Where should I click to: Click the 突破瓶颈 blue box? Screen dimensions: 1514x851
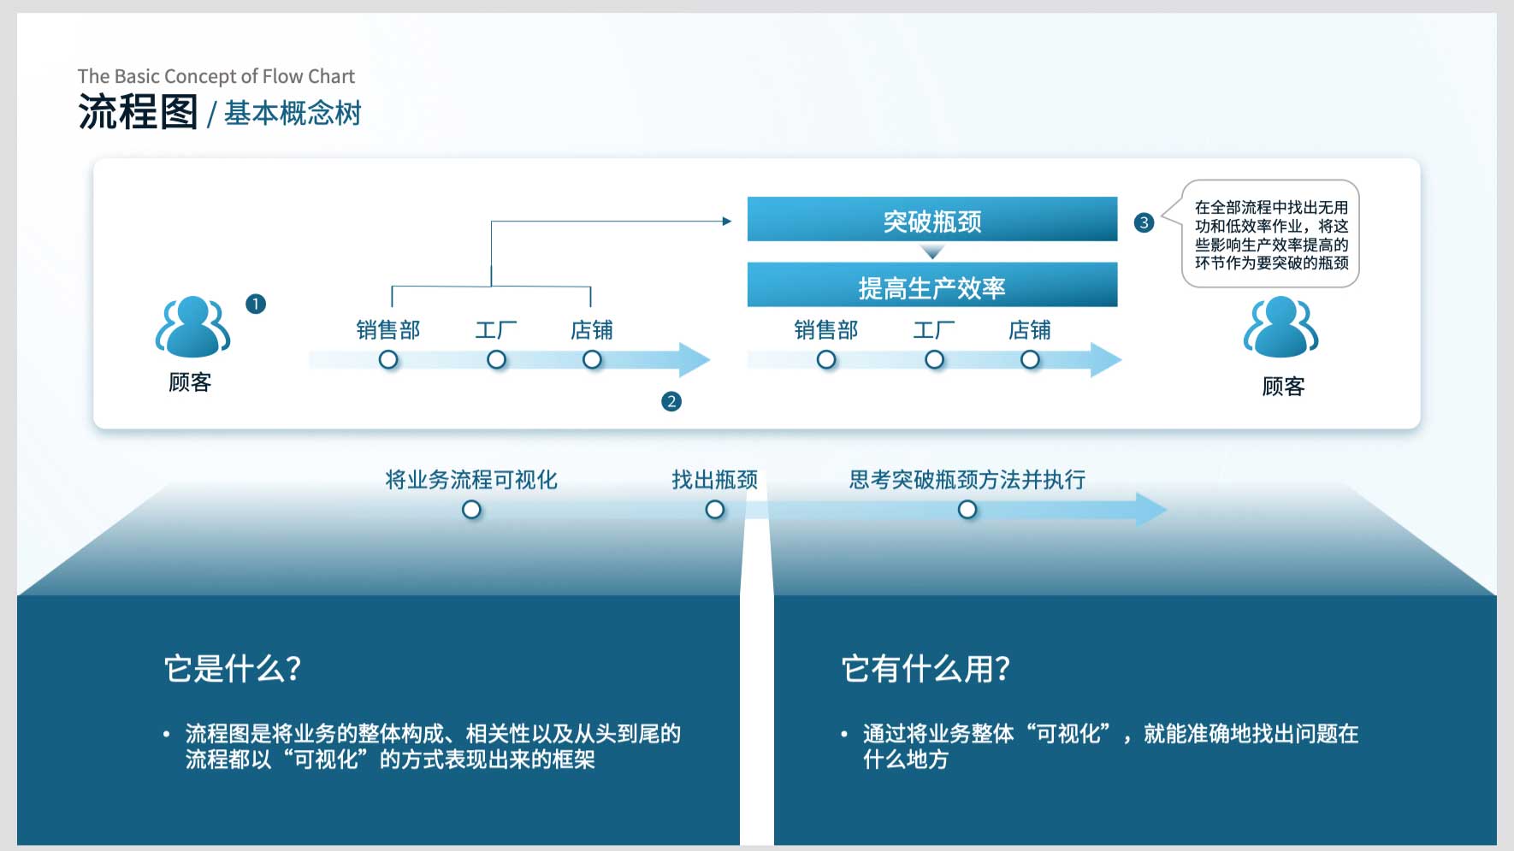[x=932, y=219]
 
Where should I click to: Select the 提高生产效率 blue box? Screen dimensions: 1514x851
[x=932, y=285]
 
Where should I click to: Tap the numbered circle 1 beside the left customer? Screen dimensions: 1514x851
[x=256, y=304]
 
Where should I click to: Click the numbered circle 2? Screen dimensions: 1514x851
[x=671, y=401]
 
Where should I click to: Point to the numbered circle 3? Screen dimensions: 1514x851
[x=1144, y=222]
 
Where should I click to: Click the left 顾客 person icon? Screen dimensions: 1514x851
[x=192, y=327]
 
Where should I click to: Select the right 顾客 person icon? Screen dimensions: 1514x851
[x=1280, y=327]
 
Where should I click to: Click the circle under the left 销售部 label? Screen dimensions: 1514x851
[x=388, y=360]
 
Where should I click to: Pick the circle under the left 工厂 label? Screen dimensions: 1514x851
[x=496, y=360]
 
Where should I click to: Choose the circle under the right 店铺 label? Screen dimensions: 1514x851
[x=1030, y=360]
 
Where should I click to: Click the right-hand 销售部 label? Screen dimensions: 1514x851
[x=825, y=330]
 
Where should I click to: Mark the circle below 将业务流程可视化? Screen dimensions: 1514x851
[x=471, y=510]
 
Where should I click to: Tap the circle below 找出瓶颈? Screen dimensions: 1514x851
[x=715, y=510]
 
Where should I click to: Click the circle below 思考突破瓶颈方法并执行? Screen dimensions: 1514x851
[x=967, y=510]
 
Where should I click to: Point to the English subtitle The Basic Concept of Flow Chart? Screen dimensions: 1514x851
[x=216, y=76]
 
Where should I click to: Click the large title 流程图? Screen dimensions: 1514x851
[x=138, y=112]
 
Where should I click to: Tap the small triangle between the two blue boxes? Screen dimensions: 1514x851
[x=932, y=251]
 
